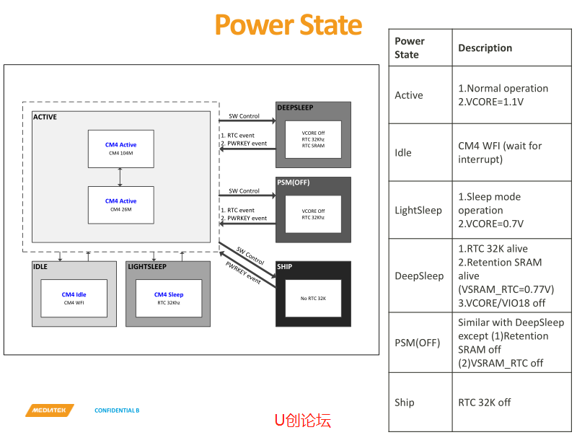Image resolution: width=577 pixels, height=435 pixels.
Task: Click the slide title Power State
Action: point(288,25)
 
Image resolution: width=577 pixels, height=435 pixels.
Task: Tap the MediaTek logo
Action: point(50,410)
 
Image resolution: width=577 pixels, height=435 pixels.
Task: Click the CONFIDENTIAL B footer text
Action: point(117,410)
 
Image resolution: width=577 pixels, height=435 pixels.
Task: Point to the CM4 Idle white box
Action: point(74,298)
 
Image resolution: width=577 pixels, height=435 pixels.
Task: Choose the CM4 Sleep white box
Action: point(168,298)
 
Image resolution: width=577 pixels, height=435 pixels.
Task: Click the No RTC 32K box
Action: point(313,298)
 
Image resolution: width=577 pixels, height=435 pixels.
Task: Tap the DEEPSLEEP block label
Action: point(295,108)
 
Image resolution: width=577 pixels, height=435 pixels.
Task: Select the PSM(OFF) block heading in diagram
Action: point(294,183)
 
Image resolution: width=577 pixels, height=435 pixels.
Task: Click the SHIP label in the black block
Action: point(285,267)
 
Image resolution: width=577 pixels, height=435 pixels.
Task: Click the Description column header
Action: point(485,48)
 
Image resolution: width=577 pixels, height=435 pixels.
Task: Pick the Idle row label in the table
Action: point(403,153)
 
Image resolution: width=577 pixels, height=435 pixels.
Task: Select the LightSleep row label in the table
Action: point(418,211)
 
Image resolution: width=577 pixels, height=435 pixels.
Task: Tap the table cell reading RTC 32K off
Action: point(484,403)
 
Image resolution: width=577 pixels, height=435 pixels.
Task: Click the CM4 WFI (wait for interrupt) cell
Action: point(500,153)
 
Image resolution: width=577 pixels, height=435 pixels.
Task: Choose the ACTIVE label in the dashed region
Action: point(45,117)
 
